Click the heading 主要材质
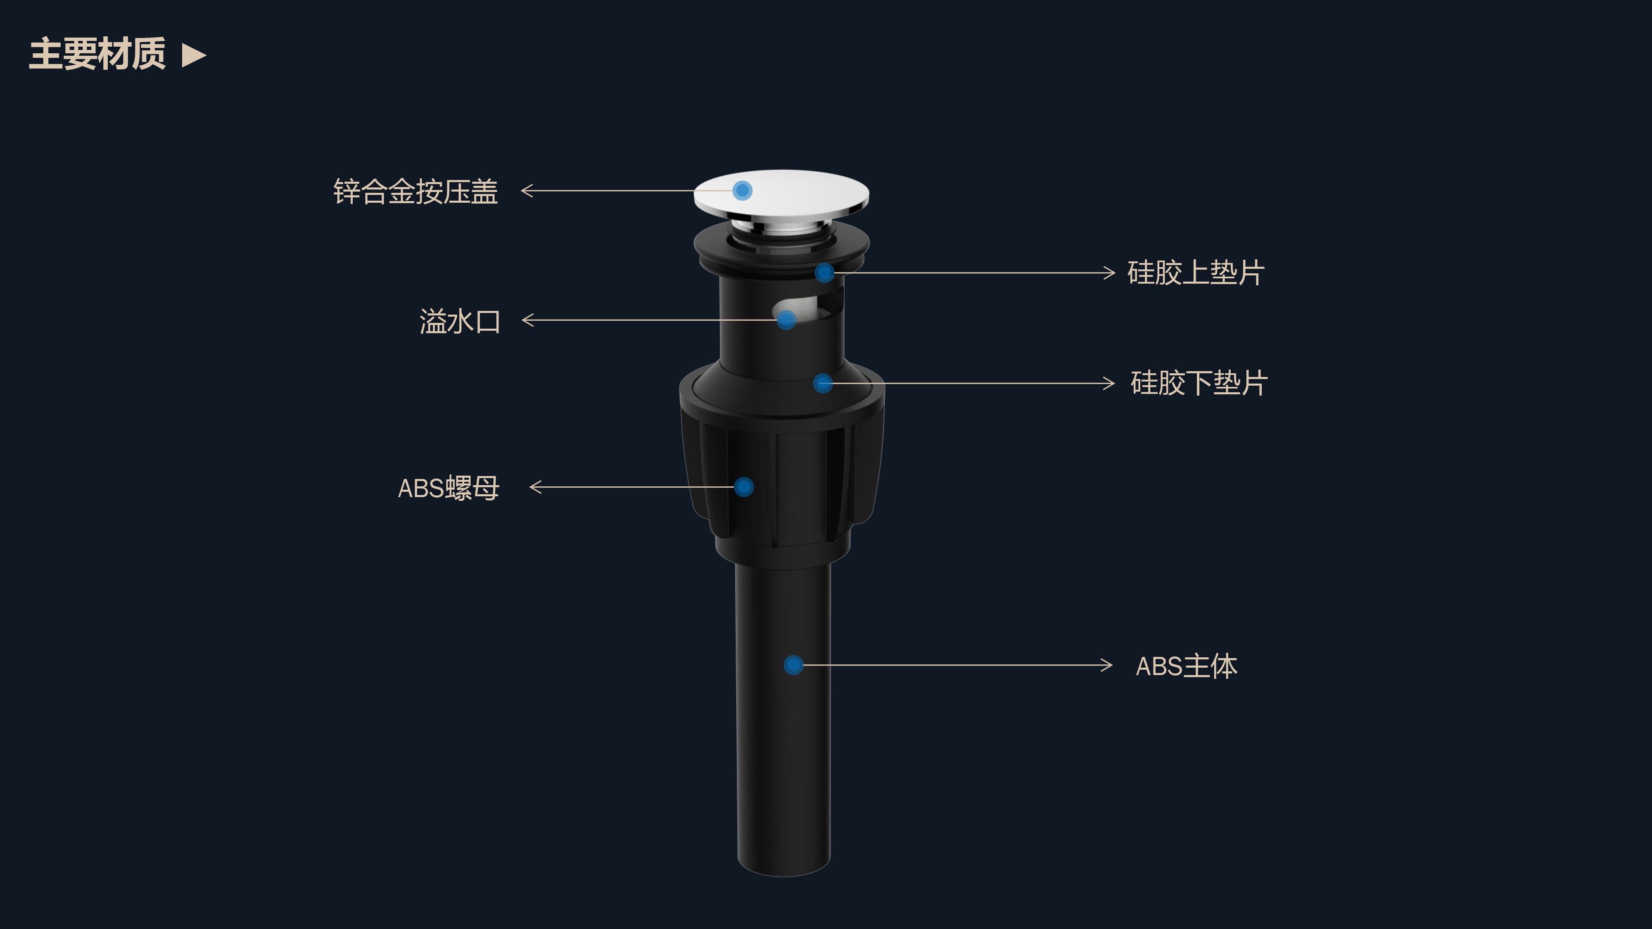tap(97, 54)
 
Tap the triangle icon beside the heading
tap(194, 55)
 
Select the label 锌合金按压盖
tap(415, 192)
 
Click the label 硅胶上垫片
tap(1196, 273)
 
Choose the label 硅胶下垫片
tap(1199, 384)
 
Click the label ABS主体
tap(1187, 666)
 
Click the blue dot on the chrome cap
tap(743, 190)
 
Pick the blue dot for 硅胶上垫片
tap(825, 273)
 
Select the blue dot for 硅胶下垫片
tap(823, 384)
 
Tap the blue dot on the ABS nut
tap(744, 487)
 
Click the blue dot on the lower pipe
tap(794, 665)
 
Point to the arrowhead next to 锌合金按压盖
tap(527, 190)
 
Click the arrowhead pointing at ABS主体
tap(1106, 665)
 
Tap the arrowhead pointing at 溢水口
tap(528, 320)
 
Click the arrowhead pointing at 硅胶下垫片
tap(1109, 384)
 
